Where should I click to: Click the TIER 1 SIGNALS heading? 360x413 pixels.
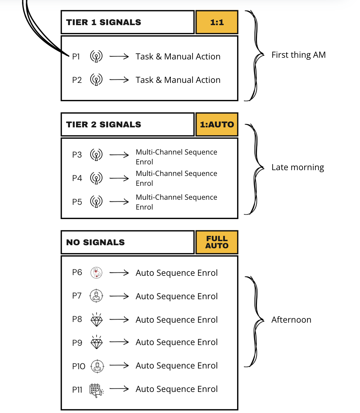[x=104, y=22]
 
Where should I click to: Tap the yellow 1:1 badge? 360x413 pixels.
[x=217, y=22]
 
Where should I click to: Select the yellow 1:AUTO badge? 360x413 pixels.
[x=217, y=124]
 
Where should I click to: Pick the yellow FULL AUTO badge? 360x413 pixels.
[x=217, y=242]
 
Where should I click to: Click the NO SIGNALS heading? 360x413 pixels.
[x=95, y=243]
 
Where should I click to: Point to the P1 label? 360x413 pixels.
[x=76, y=57]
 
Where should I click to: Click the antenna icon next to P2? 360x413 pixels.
[x=96, y=80]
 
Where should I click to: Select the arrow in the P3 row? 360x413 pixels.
[x=119, y=155]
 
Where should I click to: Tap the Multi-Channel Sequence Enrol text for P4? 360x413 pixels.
[x=176, y=178]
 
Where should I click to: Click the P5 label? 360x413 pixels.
[x=77, y=202]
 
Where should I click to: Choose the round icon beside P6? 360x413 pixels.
[x=96, y=273]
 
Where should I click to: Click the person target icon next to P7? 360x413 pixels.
[x=96, y=296]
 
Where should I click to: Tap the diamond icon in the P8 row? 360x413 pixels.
[x=96, y=320]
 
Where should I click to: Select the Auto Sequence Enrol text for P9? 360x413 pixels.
[x=177, y=342]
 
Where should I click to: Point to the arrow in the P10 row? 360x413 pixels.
[x=119, y=366]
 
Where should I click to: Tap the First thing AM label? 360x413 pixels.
[x=298, y=55]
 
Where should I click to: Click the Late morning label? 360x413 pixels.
[x=298, y=167]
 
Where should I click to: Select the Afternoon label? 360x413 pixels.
[x=291, y=320]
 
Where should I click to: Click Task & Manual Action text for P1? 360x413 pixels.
[x=178, y=57]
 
